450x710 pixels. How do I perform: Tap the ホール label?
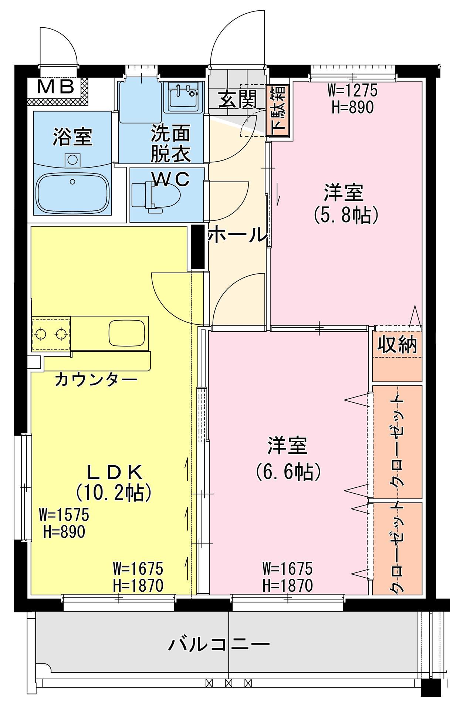pyautogui.click(x=237, y=235)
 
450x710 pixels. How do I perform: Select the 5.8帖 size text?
pyautogui.click(x=345, y=215)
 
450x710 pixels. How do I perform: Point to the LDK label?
pyautogui.click(x=115, y=472)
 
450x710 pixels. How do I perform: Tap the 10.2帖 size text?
pyautogui.click(x=114, y=492)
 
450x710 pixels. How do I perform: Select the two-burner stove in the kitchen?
pyautogui.click(x=51, y=334)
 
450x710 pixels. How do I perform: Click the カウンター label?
pyautogui.click(x=96, y=379)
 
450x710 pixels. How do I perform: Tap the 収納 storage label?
pyautogui.click(x=397, y=345)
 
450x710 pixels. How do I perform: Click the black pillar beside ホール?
pyautogui.click(x=197, y=247)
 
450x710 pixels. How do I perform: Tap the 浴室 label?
pyautogui.click(x=72, y=137)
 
